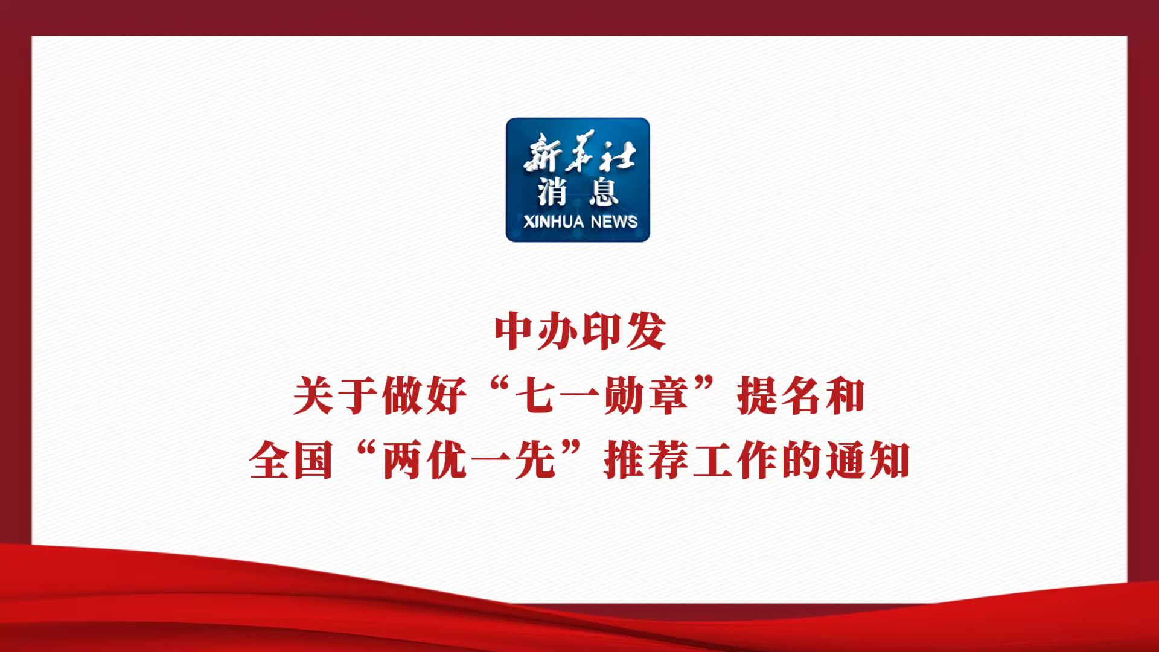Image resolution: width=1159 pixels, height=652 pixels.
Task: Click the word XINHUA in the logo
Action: [554, 222]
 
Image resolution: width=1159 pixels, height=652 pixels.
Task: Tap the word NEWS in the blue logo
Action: [614, 222]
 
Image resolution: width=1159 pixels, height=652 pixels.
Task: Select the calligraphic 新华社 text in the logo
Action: [579, 152]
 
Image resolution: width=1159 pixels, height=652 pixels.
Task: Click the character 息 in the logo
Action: [603, 191]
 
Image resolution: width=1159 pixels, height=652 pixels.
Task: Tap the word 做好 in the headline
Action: [424, 396]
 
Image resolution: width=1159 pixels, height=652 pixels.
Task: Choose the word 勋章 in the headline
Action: [647, 396]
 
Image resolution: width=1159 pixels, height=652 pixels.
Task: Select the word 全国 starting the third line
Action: [291, 461]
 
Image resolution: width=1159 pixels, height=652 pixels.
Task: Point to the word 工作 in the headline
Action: [735, 461]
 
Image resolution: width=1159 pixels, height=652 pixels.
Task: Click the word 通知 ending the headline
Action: [868, 461]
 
